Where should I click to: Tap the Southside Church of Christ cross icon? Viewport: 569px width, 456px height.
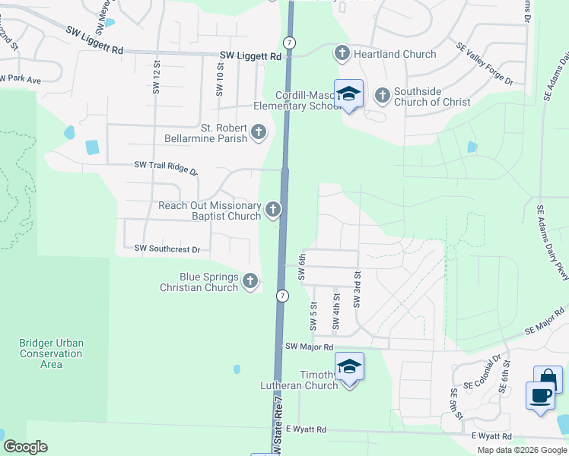tap(382, 96)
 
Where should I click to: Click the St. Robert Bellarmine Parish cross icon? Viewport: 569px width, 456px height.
tap(259, 133)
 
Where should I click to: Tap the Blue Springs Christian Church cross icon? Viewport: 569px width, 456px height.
tap(250, 283)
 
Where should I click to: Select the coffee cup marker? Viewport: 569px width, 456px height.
tap(540, 397)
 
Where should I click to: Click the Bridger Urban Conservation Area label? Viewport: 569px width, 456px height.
tap(51, 353)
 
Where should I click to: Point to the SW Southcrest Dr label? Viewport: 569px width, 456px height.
tap(167, 249)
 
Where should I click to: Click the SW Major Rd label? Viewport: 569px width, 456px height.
tap(309, 347)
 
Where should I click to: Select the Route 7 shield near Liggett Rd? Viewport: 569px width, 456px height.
tap(290, 42)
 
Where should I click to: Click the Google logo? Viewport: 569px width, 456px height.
tap(25, 447)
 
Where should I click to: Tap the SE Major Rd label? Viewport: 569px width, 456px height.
tap(545, 322)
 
